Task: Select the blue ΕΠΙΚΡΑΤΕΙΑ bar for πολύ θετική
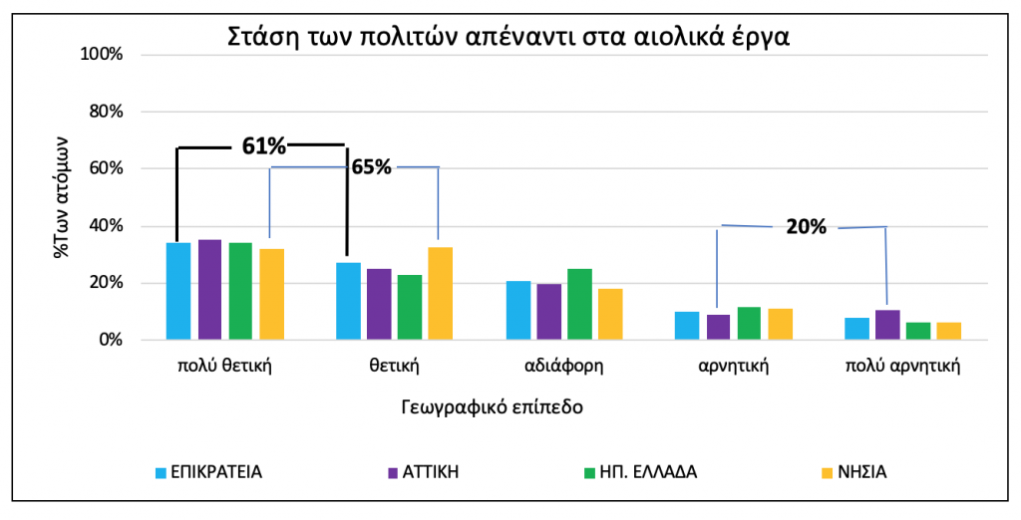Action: tap(178, 291)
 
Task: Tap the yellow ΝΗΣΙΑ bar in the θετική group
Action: tap(440, 294)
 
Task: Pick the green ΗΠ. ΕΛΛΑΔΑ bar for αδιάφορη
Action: tap(579, 304)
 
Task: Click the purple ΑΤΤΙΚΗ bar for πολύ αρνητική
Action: tap(887, 325)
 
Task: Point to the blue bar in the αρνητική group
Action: tap(687, 326)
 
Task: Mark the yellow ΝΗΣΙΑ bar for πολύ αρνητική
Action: tap(949, 331)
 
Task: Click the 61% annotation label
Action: tap(264, 146)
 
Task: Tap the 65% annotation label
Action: tap(371, 167)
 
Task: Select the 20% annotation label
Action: tap(806, 227)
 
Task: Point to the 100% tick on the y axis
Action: tap(100, 54)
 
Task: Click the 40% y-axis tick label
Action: tap(104, 226)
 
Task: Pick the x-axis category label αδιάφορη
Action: tap(564, 366)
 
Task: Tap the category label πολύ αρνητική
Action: tap(902, 366)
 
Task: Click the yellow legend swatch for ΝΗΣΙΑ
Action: tap(826, 471)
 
